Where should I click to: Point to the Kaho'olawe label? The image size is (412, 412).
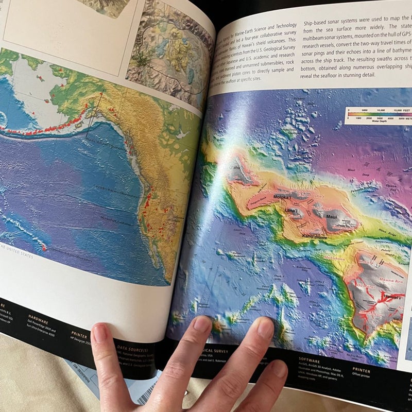click(301, 236)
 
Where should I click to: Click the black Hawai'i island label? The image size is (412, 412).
click(393, 297)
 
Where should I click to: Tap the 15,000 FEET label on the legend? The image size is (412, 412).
click(399, 110)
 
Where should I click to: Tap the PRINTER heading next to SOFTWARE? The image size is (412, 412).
click(361, 369)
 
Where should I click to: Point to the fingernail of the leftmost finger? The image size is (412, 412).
click(100, 333)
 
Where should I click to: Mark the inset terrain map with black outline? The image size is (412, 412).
click(169, 49)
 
